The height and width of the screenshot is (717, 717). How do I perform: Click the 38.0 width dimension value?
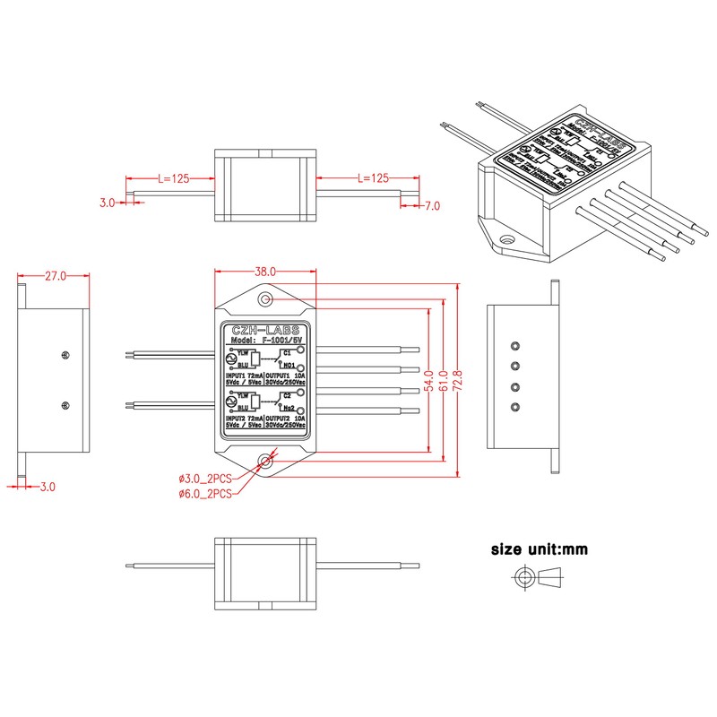pyautogui.click(x=265, y=271)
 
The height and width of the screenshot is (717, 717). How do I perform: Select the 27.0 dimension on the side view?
pyautogui.click(x=56, y=276)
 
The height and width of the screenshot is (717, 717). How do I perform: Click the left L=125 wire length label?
pyautogui.click(x=173, y=179)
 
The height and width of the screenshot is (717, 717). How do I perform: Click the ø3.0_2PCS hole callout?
pyautogui.click(x=205, y=479)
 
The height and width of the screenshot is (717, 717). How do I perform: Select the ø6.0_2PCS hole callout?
pyautogui.click(x=205, y=493)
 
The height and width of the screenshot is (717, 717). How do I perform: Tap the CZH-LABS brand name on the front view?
pyautogui.click(x=265, y=330)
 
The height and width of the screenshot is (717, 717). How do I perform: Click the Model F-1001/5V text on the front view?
pyautogui.click(x=265, y=341)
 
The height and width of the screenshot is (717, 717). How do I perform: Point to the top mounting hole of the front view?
pyautogui.click(x=266, y=299)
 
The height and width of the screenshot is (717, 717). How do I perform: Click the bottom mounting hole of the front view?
pyautogui.click(x=266, y=461)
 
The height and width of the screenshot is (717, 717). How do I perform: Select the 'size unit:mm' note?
pyautogui.click(x=539, y=549)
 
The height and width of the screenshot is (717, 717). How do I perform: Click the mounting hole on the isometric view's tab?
pyautogui.click(x=507, y=239)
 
